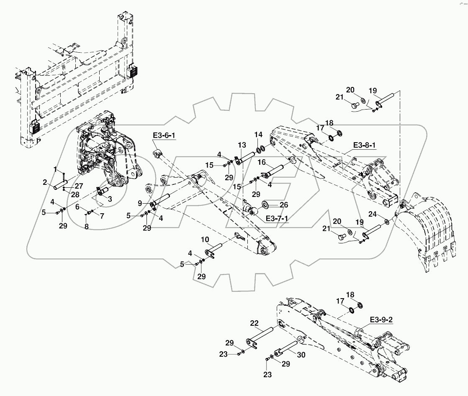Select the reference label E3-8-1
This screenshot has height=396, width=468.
pos(365,145)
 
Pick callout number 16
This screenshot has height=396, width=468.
pos(262,162)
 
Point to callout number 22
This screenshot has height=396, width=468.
pos(255,323)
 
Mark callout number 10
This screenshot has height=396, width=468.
pos(205,240)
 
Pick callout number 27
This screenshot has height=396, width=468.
pos(79,187)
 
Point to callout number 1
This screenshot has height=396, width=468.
pos(55,169)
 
